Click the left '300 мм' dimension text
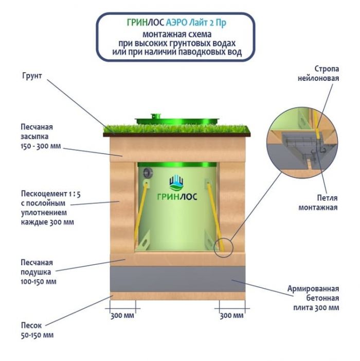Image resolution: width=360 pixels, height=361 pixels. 122,315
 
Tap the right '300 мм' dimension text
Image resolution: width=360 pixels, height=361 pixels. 231,315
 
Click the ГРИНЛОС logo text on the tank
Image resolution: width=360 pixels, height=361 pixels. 177,196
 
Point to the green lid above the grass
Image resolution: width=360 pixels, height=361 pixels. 177,119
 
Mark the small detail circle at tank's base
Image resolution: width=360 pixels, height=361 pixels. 224,248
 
